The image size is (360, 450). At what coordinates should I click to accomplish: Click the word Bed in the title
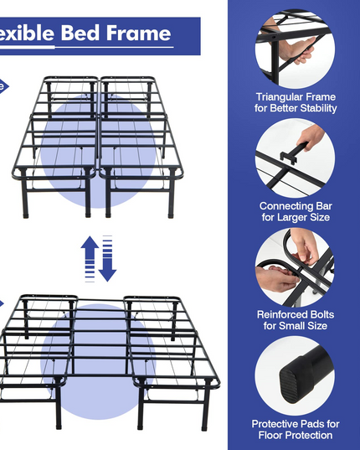click(80, 33)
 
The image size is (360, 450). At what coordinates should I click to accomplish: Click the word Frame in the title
click(138, 33)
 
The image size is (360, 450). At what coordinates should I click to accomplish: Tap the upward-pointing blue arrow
click(90, 259)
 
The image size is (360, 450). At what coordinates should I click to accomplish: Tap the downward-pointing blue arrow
click(107, 259)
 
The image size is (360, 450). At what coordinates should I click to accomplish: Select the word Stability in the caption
click(319, 108)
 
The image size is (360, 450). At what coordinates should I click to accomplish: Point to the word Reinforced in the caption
click(279, 314)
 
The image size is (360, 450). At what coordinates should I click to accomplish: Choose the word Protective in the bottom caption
click(272, 424)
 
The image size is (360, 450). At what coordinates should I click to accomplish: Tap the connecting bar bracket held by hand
click(289, 158)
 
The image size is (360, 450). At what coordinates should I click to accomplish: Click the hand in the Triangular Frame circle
click(301, 51)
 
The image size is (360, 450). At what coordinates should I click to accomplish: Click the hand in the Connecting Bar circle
click(311, 137)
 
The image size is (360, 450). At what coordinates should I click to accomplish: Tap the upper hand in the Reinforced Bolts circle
click(305, 247)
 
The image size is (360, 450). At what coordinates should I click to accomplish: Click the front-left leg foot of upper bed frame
click(26, 215)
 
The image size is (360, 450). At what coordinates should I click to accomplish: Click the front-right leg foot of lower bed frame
click(204, 427)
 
